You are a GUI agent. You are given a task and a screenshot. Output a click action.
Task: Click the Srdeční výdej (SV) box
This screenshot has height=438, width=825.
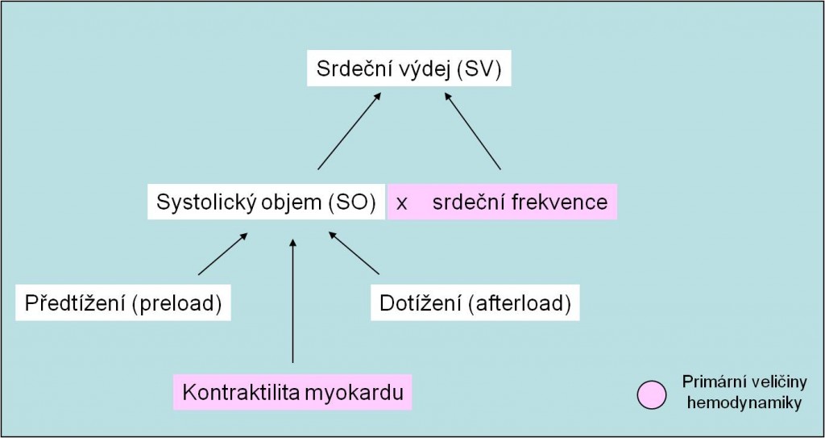[408, 69]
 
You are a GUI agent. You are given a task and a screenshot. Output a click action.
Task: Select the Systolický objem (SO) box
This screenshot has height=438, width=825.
[266, 202]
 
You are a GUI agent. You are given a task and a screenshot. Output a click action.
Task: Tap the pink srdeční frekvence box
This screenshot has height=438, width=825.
[503, 202]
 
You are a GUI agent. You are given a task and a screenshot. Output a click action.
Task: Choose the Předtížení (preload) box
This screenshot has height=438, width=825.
[123, 303]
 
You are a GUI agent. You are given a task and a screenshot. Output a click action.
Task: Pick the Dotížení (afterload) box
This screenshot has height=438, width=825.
[475, 303]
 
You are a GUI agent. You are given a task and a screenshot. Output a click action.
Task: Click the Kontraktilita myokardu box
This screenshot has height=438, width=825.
[292, 392]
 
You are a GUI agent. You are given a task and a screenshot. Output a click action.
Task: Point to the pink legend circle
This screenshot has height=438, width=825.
[651, 395]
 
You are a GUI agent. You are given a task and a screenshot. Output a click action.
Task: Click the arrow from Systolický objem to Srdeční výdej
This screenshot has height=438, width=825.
[349, 131]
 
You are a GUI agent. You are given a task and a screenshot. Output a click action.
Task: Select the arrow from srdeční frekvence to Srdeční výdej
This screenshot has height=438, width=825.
[472, 131]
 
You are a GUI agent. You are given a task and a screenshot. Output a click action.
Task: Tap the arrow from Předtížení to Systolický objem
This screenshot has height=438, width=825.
[222, 254]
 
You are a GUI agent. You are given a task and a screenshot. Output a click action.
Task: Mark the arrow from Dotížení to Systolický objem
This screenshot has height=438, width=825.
[354, 253]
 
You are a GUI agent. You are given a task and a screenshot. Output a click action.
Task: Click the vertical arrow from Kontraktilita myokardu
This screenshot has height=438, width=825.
[293, 300]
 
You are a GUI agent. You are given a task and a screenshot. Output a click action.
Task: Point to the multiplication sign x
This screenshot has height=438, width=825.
[401, 203]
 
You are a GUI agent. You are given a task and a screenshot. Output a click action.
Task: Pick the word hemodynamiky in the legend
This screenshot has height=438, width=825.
[744, 404]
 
